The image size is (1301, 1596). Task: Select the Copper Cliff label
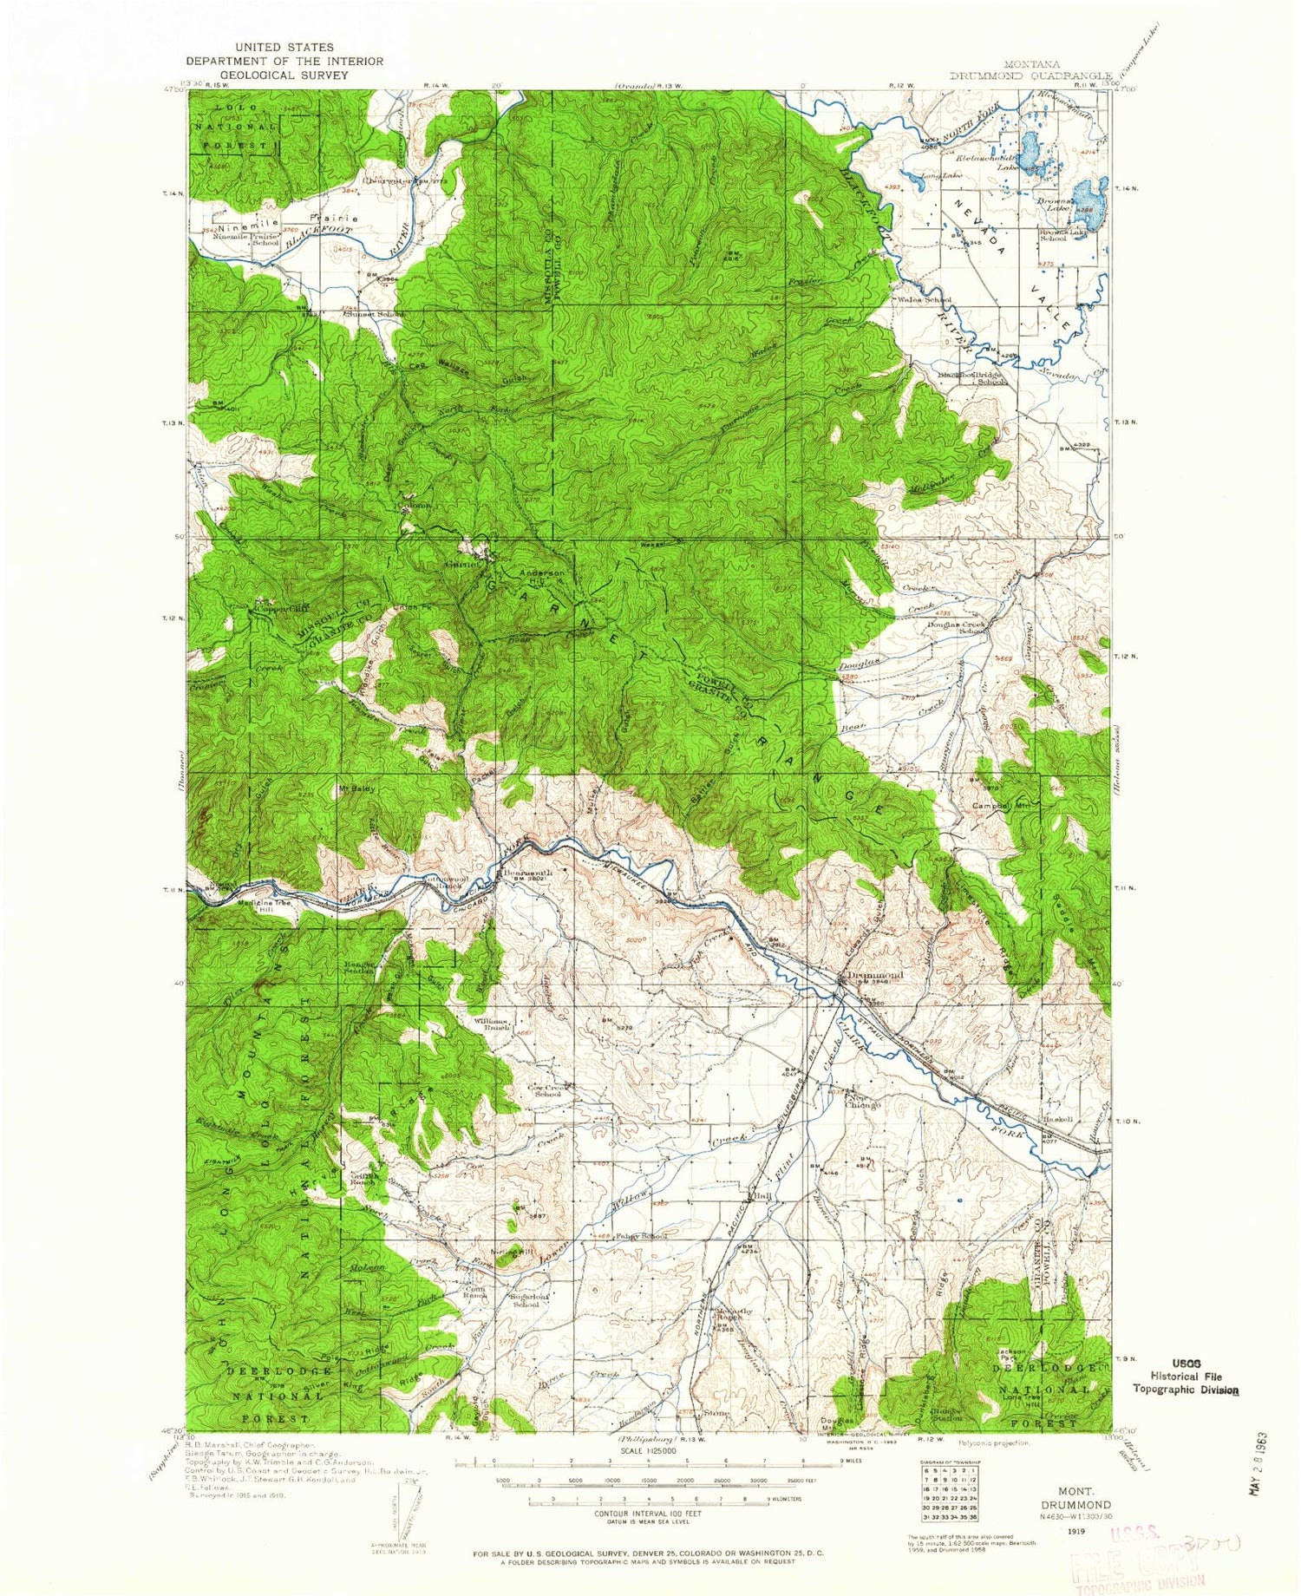pos(278,610)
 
